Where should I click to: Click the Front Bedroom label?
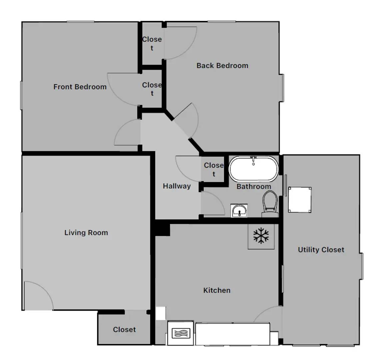(x=80, y=87)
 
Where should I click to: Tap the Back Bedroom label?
(x=222, y=65)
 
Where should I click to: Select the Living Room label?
(x=86, y=232)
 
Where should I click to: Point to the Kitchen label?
(x=217, y=290)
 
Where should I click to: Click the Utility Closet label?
(x=321, y=250)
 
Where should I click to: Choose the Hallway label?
(x=177, y=186)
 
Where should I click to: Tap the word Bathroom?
(x=254, y=186)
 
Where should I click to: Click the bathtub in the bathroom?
(x=254, y=169)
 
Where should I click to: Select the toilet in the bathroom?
(x=270, y=204)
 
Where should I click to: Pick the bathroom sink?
(x=239, y=211)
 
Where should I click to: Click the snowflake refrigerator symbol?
(x=261, y=236)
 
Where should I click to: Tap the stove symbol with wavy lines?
(x=181, y=333)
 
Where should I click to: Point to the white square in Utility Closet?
(x=300, y=200)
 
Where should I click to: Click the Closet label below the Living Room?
(x=124, y=329)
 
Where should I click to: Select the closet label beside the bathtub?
(x=214, y=169)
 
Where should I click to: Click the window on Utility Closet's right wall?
(x=362, y=266)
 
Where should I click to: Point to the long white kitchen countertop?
(x=233, y=334)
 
